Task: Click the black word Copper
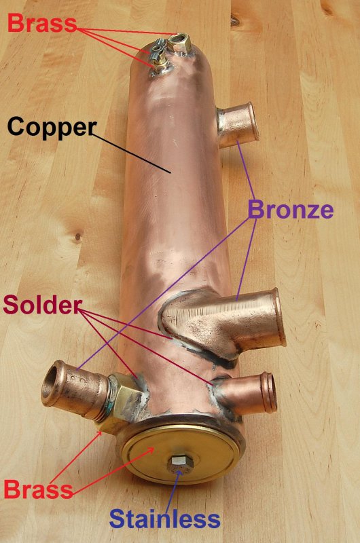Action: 52,128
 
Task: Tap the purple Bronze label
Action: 291,210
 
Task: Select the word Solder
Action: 43,305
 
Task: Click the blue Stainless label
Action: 164,519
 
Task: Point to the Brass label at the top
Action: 42,23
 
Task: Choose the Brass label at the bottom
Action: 39,489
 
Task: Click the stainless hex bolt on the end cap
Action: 178,464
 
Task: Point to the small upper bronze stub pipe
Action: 238,125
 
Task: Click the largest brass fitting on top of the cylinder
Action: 181,43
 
